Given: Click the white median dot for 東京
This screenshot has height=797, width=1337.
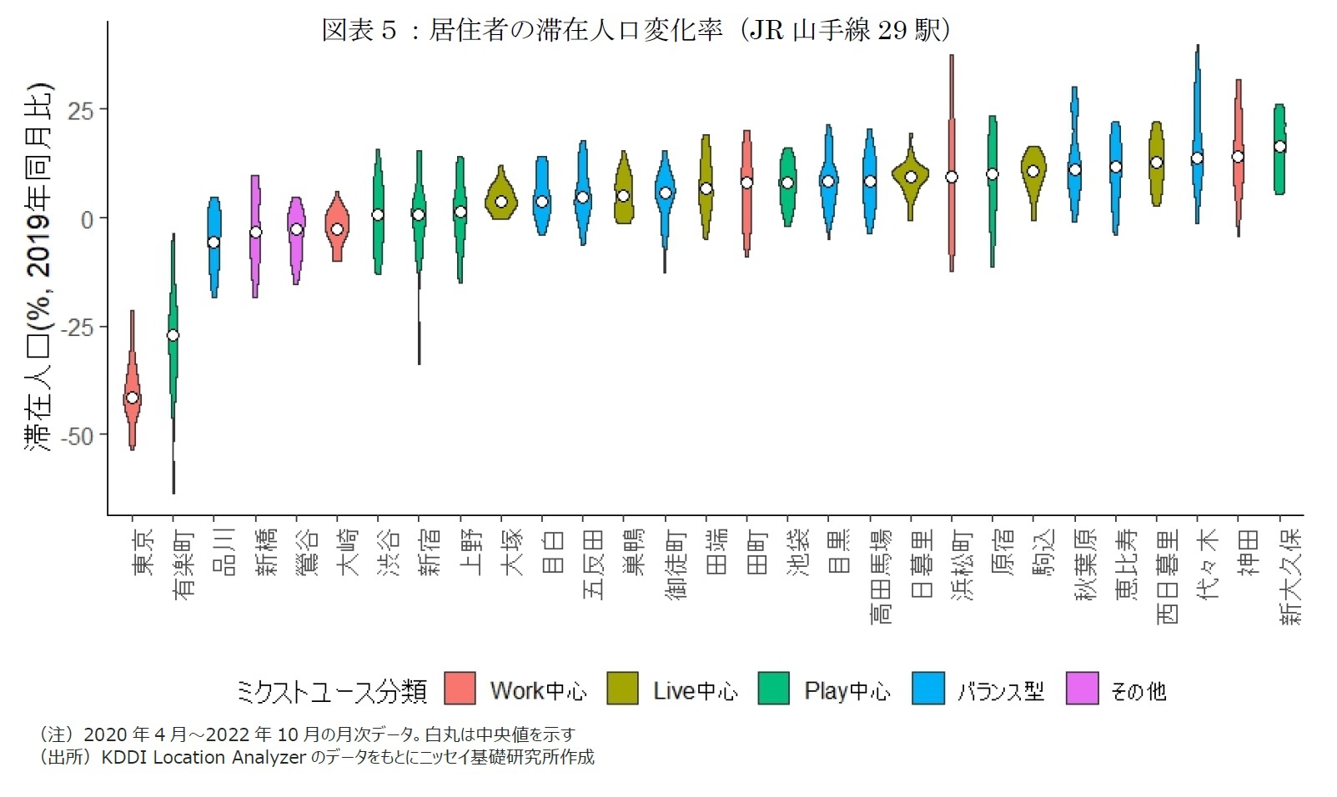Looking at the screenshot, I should click(x=132, y=398).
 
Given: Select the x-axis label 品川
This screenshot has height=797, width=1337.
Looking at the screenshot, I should click(x=224, y=552).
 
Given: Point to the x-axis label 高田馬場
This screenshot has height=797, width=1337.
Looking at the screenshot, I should click(x=880, y=576).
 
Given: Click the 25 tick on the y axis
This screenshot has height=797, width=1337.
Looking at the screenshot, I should click(x=81, y=110).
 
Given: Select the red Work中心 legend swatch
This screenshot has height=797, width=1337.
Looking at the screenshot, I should click(x=460, y=689).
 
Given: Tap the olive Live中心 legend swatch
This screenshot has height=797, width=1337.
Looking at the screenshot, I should click(x=622, y=689).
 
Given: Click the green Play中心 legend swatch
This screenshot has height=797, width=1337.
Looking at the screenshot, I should click(x=773, y=689).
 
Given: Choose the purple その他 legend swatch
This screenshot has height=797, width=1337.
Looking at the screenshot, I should click(x=1082, y=689).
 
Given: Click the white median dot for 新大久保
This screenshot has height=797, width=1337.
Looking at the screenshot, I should click(x=1279, y=147).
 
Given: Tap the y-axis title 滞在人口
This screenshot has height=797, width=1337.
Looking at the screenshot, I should click(x=38, y=267).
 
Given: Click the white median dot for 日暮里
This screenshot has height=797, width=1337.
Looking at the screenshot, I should click(x=911, y=177).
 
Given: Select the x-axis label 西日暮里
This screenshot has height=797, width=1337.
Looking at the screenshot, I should click(x=1167, y=576).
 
